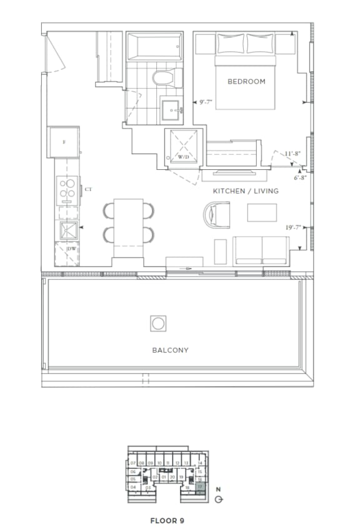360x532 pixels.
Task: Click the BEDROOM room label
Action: tap(246, 82)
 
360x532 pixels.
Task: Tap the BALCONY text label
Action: tap(170, 350)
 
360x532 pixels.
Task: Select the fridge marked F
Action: tap(64, 142)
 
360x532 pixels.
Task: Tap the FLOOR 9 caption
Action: tap(167, 520)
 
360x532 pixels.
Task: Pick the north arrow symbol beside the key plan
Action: tap(217, 499)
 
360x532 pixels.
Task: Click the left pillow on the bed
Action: tap(227, 43)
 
